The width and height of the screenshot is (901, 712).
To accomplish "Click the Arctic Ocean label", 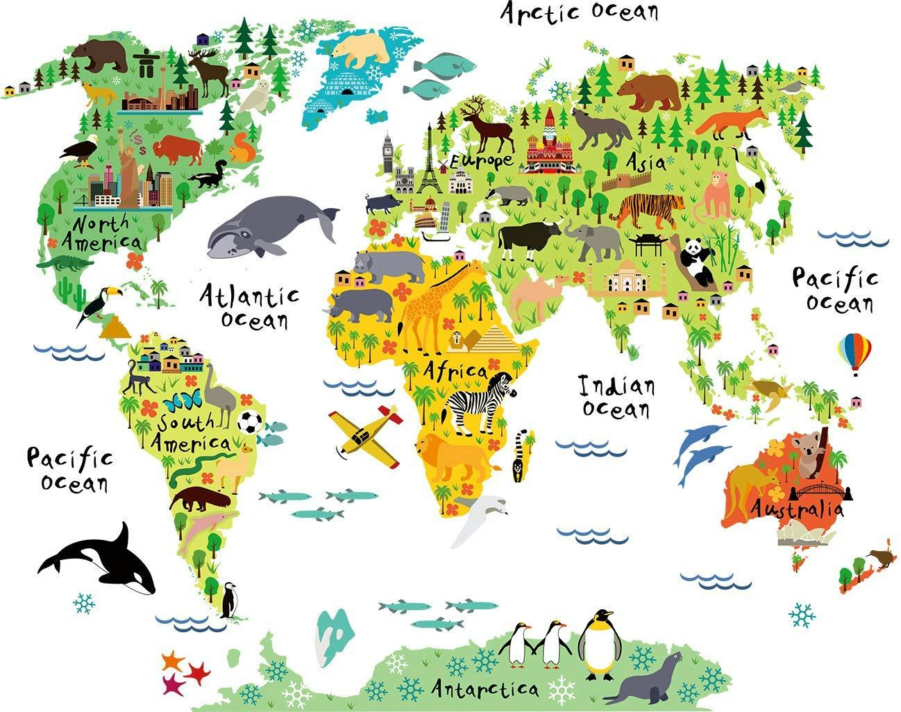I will pyautogui.click(x=580, y=12).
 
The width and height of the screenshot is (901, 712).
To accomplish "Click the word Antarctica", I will pyautogui.click(x=485, y=688).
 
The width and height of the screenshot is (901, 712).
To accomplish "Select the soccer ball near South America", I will pyautogui.click(x=249, y=421).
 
